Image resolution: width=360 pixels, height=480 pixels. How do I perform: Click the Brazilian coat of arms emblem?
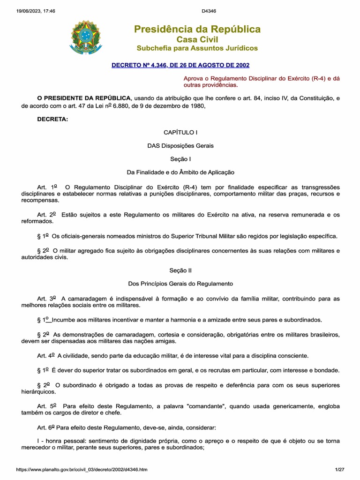85,36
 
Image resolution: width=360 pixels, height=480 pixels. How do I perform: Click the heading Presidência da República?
197,30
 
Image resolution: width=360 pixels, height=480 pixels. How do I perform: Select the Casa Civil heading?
197,39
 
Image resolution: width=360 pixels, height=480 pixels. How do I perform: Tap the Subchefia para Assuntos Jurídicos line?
197,48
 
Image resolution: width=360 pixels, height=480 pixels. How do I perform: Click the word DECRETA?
52,119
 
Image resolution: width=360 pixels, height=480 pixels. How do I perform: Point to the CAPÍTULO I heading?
180,133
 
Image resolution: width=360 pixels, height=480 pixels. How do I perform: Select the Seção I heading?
180,159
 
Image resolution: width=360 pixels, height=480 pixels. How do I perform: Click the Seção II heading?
180,270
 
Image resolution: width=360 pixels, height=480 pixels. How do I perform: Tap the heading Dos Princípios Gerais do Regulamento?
180,284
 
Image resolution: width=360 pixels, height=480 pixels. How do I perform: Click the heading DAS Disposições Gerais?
180,146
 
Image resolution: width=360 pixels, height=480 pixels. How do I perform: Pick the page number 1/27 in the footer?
339,469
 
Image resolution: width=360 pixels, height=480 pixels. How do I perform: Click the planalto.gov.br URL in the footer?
82,469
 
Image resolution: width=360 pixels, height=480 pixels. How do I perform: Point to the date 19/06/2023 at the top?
29,11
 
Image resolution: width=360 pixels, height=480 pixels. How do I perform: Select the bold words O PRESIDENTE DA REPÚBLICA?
84,97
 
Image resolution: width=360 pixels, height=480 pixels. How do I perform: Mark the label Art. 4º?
46,356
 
